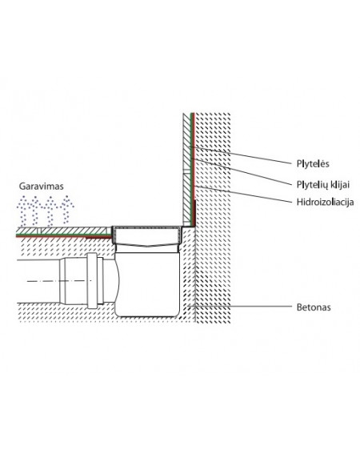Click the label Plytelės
313,164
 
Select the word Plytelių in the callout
310,185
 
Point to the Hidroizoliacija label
325,202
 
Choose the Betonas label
314,307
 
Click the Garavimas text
41,186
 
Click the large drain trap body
147,283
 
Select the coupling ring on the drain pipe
92,281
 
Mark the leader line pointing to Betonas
239,306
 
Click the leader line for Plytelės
240,155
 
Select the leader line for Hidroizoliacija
243,194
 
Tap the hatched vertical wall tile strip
186,169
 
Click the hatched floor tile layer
64,231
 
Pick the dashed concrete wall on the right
213,217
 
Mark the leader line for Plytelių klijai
241,171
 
